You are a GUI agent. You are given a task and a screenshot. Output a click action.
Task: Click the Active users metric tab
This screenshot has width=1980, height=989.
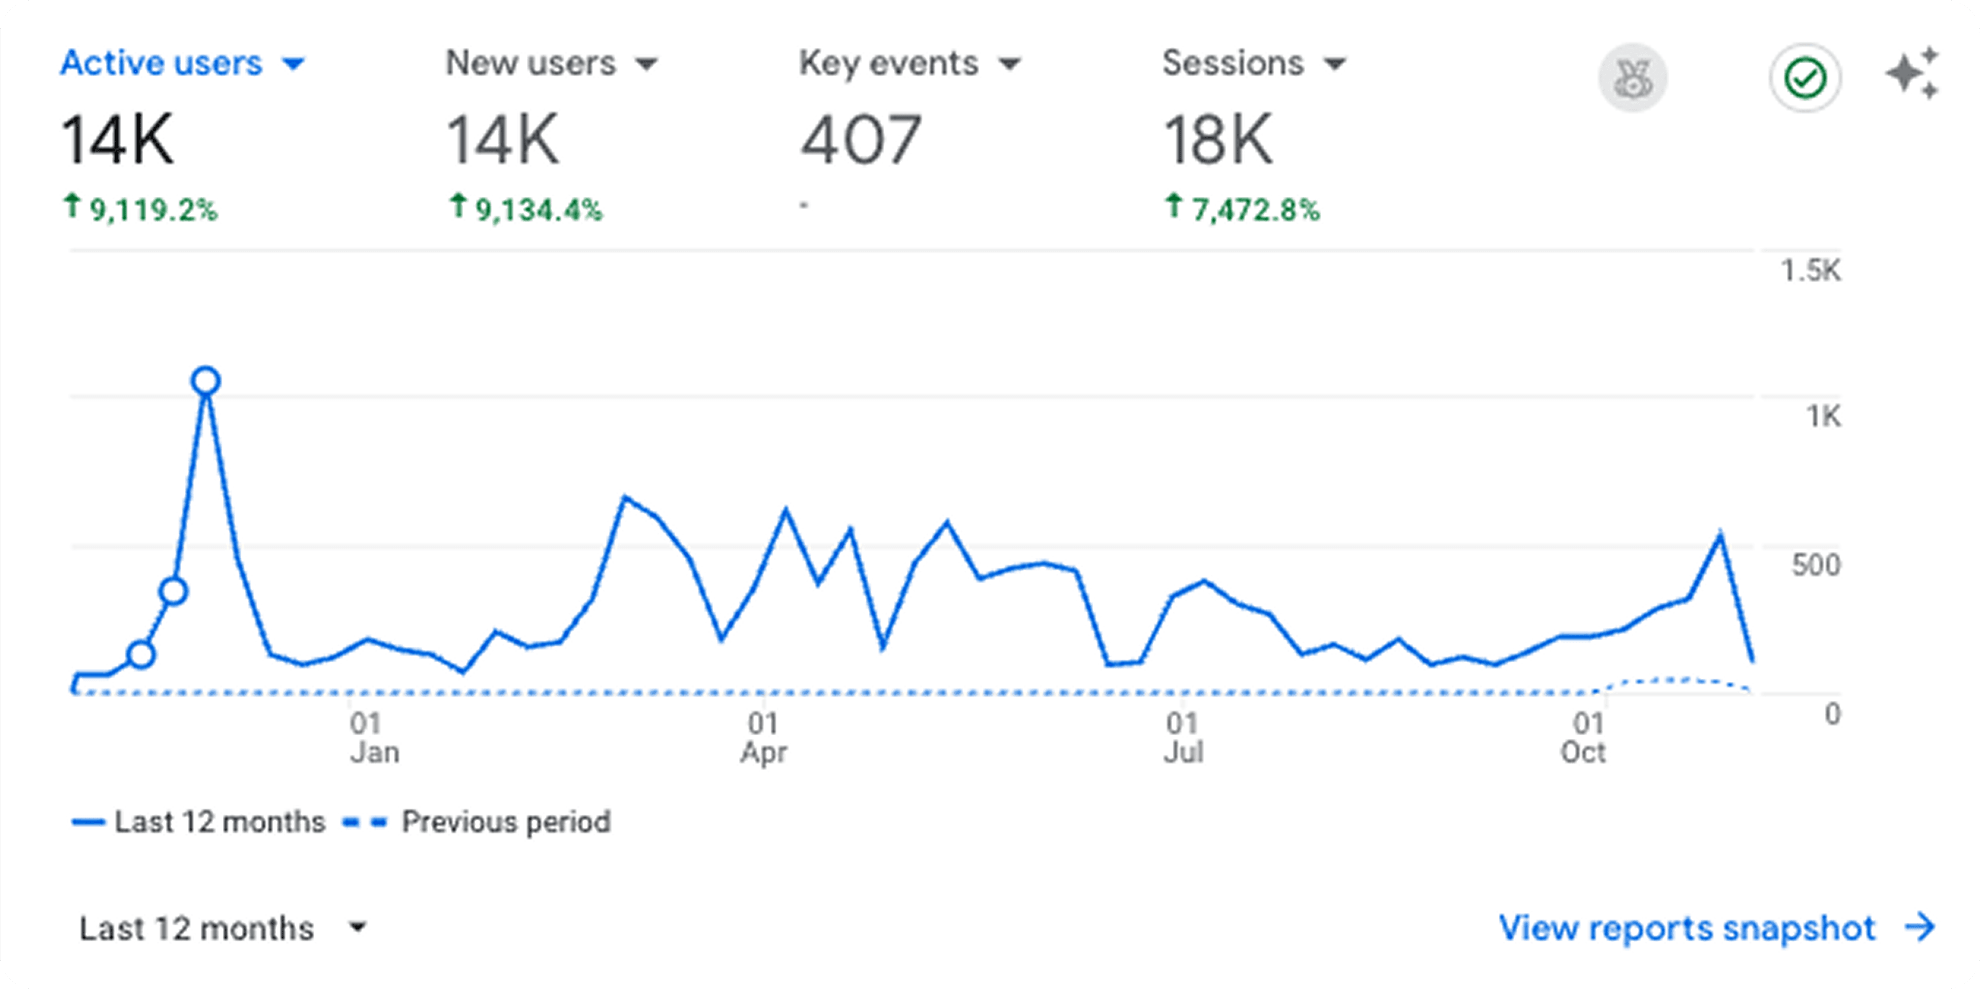tap(182, 63)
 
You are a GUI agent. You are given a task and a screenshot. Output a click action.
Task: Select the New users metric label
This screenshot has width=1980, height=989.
tap(530, 63)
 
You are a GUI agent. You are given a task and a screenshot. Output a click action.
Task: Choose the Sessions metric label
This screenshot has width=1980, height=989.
tap(1233, 63)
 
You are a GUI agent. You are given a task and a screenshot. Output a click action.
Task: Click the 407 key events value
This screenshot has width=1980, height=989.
tap(861, 140)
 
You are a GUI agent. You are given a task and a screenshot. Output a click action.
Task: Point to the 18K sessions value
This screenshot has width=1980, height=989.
tap(1218, 140)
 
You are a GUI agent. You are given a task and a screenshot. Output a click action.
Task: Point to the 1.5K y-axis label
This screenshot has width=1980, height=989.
tap(1811, 270)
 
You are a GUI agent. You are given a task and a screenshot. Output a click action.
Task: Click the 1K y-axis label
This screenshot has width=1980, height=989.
tap(1823, 416)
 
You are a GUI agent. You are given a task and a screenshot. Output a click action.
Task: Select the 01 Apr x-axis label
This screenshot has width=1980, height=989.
tap(763, 738)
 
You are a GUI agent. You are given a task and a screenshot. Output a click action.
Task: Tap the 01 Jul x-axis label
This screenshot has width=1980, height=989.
tap(1183, 738)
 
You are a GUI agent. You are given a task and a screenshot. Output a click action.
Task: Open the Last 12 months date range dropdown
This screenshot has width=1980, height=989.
tap(223, 928)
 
